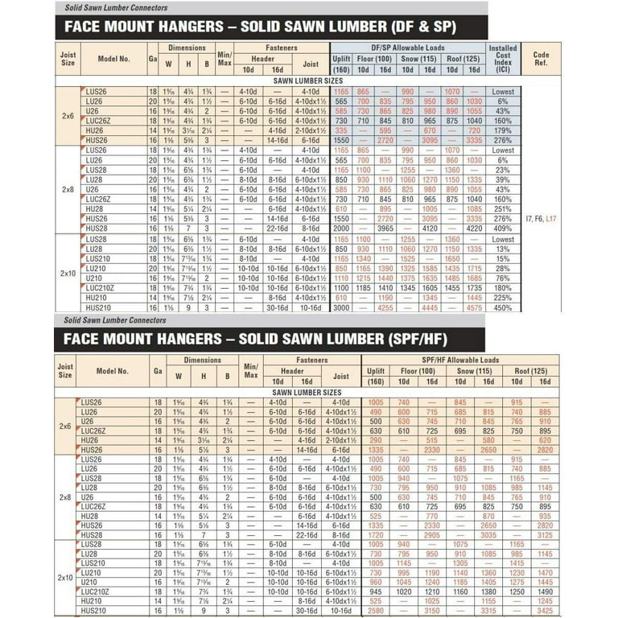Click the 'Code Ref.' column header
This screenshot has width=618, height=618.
541,58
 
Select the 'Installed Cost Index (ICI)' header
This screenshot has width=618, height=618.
503,58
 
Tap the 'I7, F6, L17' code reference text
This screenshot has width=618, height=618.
540,218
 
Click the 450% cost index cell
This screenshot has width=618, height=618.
503,307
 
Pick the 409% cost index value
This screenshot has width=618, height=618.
503,227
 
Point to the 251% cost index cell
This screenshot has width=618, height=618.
503,208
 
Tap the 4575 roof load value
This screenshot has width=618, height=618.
474,307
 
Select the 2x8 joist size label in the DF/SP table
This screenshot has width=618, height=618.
67,190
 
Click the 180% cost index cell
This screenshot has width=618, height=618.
503,287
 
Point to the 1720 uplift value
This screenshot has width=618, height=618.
374,534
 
